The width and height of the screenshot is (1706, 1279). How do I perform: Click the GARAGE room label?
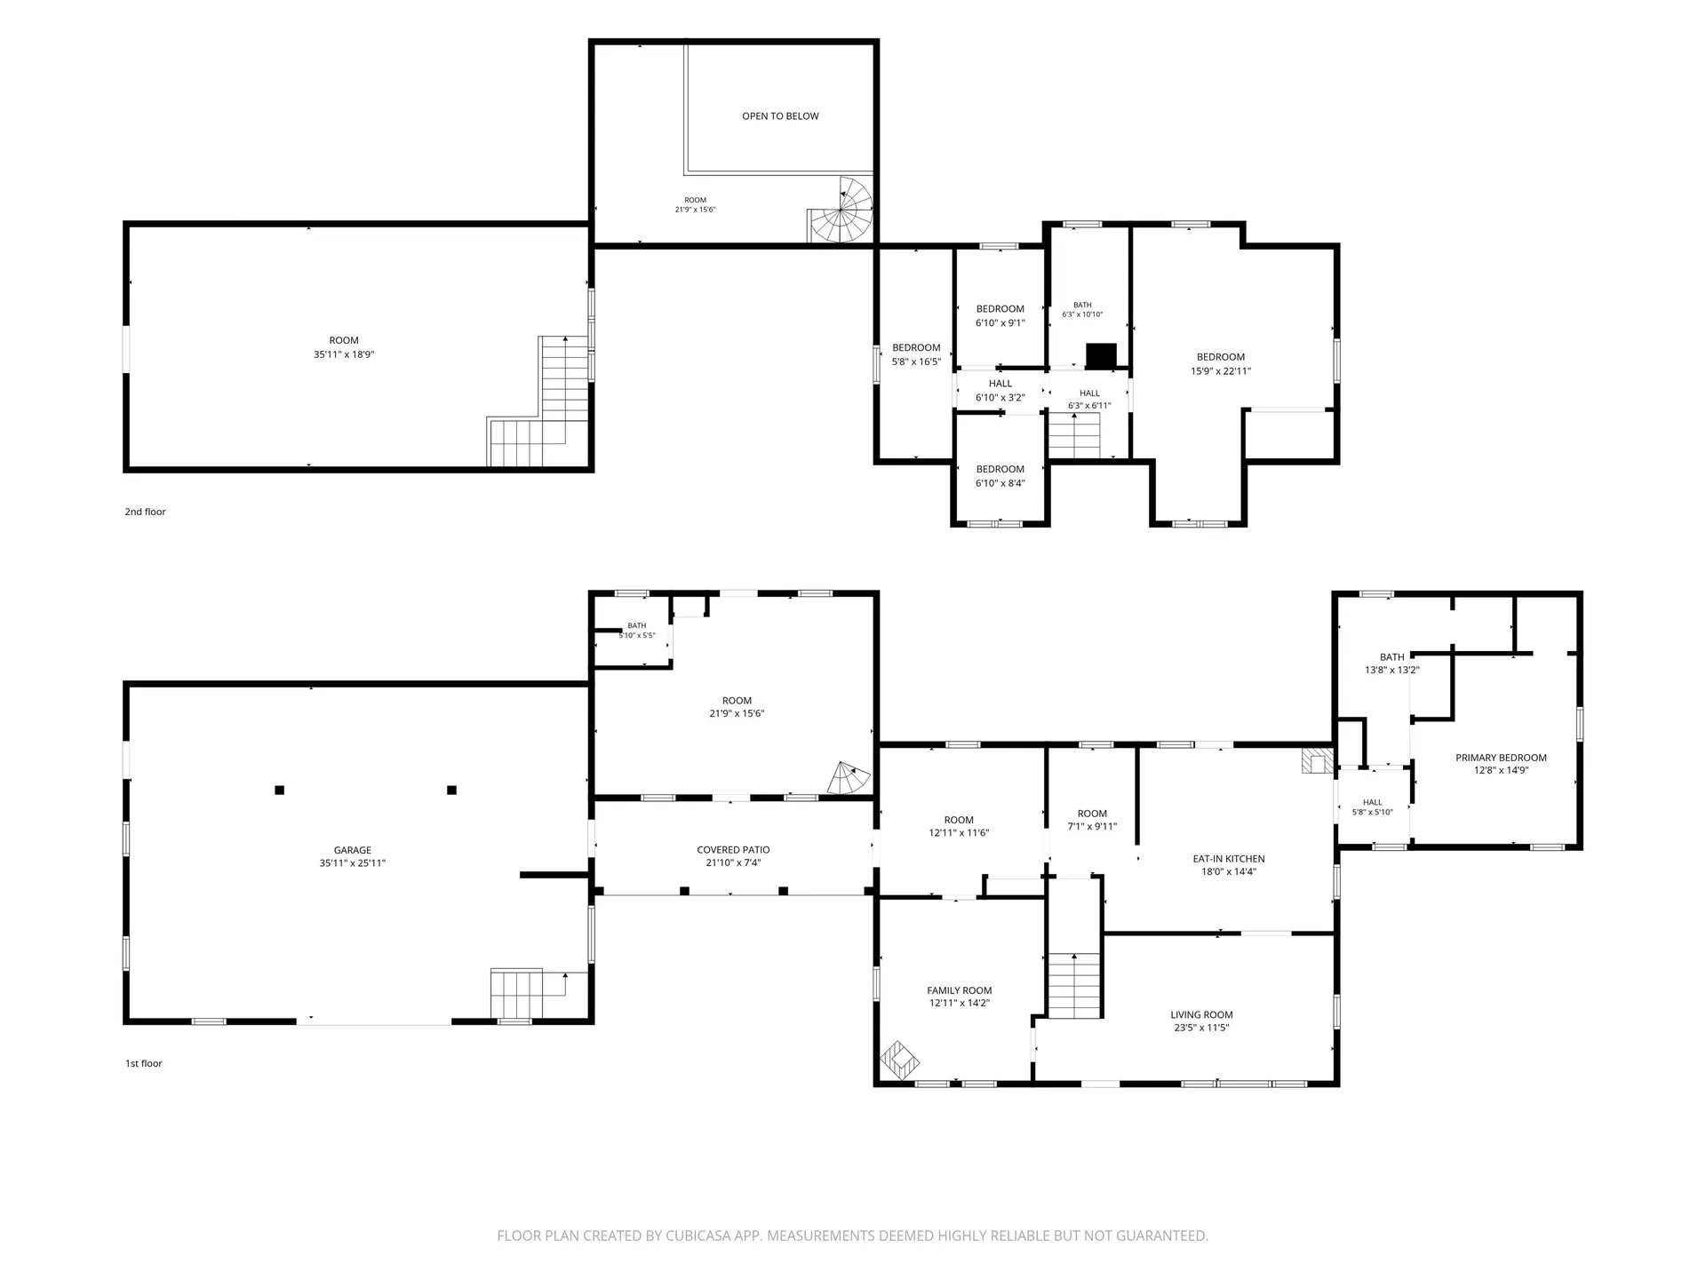point(353,850)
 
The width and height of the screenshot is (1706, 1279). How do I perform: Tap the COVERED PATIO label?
point(733,850)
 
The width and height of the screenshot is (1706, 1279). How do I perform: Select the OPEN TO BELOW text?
point(780,116)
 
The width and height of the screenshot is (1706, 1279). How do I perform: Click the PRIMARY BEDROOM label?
point(1501,758)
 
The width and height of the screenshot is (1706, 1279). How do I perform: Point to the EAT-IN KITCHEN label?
point(1229,859)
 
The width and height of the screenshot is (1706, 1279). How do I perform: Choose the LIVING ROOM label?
point(1201,1014)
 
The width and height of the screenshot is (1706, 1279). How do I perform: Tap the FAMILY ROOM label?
point(960,990)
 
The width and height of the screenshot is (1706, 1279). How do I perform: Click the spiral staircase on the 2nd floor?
point(841,211)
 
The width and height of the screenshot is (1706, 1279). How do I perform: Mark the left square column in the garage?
point(279,790)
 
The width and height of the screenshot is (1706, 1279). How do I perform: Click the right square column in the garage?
point(451,790)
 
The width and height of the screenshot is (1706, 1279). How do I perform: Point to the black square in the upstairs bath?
point(1101,355)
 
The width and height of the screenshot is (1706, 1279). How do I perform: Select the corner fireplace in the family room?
point(900,1061)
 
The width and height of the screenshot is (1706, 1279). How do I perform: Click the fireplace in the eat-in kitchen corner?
point(1318,761)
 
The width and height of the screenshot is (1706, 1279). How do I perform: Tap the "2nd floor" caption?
point(145,512)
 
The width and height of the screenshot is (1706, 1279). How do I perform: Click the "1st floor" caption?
point(143,1063)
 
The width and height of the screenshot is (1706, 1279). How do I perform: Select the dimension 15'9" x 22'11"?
point(1221,371)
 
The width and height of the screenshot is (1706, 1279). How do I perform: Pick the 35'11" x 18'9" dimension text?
point(344,354)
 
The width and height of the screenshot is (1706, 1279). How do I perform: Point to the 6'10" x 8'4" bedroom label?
point(1000,483)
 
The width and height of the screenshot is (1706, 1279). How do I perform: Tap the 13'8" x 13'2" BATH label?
point(1392,663)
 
